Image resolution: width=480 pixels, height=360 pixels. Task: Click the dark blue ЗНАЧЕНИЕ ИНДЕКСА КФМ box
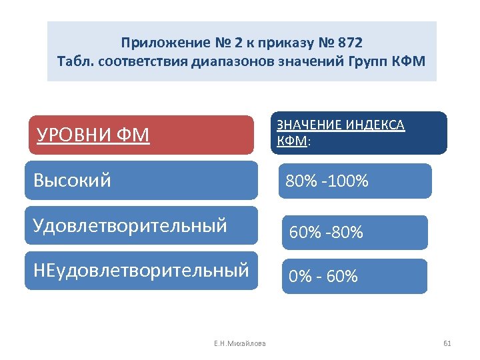point(359,133)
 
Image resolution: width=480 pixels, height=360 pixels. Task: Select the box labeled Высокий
point(141,180)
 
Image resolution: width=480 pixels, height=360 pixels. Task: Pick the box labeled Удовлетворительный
point(141,225)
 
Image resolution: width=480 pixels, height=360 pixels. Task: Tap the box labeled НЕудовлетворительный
point(141,270)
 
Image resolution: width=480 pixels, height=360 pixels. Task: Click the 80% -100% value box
point(355,181)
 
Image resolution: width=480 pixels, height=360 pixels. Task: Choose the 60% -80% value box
point(355,232)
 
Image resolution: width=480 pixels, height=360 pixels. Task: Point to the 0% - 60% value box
point(355,275)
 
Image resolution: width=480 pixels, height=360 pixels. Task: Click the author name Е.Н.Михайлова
point(239,343)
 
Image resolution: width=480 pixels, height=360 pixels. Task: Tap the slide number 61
point(447,343)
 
